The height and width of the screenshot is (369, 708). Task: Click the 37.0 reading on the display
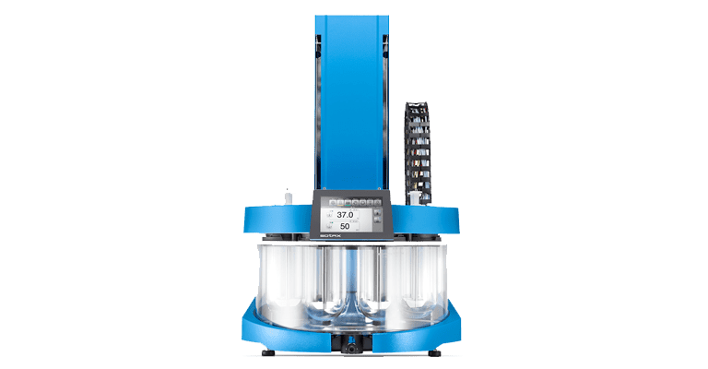(x=345, y=214)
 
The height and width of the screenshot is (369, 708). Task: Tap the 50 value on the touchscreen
(x=345, y=226)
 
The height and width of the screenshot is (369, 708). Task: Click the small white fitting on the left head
(x=289, y=196)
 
